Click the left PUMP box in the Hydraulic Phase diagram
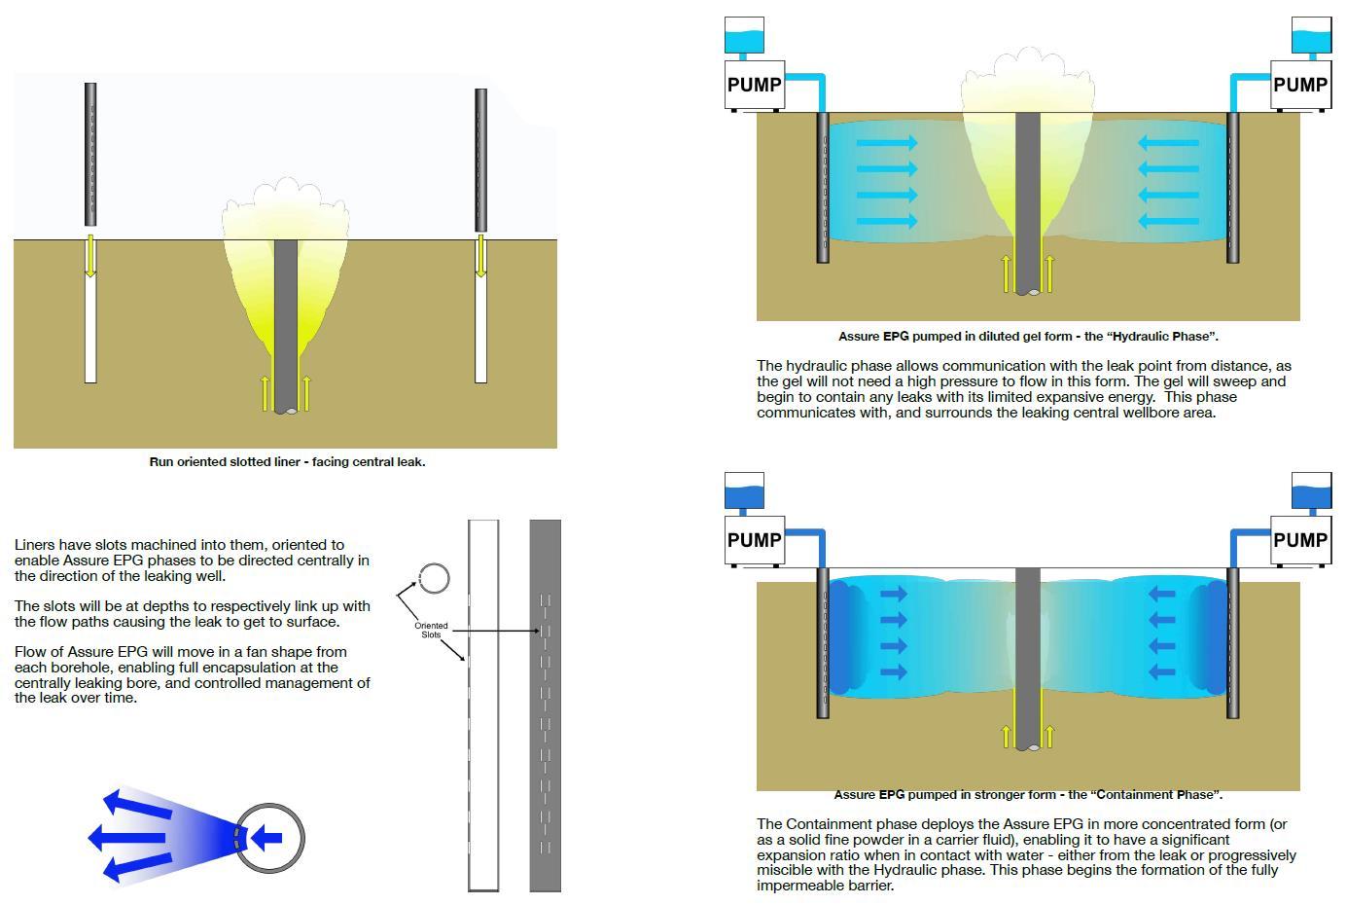755,85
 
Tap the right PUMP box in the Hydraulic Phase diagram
1300,85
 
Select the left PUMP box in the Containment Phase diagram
755,540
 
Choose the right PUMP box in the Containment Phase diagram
1300,540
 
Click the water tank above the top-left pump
744,36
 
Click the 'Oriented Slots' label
431,630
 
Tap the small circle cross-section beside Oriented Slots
434,579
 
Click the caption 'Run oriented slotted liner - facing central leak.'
287,461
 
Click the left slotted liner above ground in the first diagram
90,154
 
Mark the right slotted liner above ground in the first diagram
480,161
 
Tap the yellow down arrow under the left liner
90,255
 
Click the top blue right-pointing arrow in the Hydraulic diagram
887,144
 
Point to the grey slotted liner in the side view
545,705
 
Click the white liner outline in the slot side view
483,705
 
